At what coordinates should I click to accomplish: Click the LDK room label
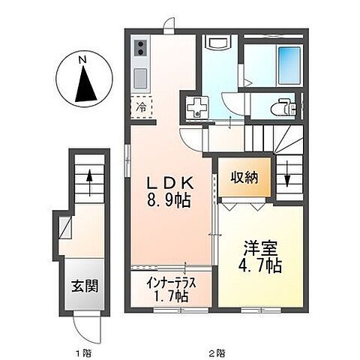coord(170,183)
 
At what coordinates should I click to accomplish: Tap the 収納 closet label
coord(244,178)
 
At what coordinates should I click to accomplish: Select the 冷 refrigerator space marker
coord(141,106)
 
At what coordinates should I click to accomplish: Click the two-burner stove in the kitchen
coord(140,50)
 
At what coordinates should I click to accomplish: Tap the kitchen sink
coord(140,77)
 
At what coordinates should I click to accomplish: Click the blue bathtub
coord(288,66)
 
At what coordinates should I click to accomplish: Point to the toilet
coord(286,106)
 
